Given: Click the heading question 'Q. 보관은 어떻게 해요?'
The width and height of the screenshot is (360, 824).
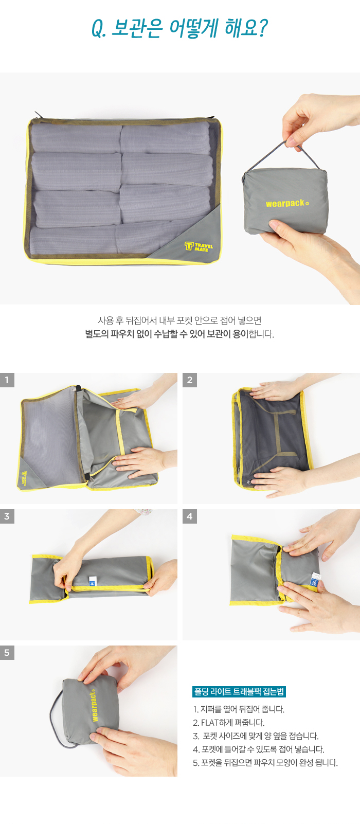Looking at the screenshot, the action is (179, 28).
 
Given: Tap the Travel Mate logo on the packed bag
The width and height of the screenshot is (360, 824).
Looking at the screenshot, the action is (199, 246).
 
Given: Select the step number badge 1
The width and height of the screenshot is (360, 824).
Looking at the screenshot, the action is (7, 380).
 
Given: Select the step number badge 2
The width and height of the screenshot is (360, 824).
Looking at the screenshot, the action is (189, 380).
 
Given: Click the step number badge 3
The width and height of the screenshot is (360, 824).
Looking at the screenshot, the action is (7, 516).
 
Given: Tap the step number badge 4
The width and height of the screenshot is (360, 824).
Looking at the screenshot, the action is (189, 516).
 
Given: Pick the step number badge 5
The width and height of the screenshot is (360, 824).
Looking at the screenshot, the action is (7, 653).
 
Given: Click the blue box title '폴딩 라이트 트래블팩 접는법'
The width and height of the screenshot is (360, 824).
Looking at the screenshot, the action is (239, 692).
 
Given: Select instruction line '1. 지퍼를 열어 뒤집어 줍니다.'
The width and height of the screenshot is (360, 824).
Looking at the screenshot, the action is (239, 709).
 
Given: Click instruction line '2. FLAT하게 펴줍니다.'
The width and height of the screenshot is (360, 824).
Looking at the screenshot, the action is (229, 723).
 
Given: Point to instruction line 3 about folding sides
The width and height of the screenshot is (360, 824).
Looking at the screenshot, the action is (256, 736).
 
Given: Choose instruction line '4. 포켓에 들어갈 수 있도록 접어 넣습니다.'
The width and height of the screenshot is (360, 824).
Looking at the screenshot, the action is (259, 749).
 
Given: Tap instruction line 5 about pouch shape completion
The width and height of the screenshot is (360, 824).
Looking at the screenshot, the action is (265, 763).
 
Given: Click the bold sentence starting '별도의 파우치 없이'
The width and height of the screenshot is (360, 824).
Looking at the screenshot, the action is (167, 334).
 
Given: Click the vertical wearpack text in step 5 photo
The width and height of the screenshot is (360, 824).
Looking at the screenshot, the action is (94, 706).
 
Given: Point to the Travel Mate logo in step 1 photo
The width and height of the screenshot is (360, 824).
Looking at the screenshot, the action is (24, 478).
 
